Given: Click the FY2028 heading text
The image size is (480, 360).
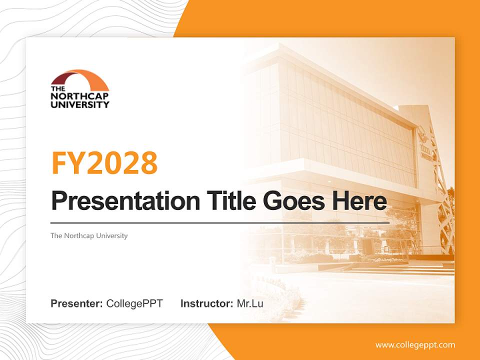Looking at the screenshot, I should pyautogui.click(x=104, y=163).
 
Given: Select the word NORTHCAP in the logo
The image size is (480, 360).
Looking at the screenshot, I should pyautogui.click(x=79, y=97).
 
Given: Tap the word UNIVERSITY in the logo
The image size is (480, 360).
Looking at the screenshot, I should pyautogui.click(x=79, y=104).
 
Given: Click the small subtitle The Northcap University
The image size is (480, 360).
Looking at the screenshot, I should pyautogui.click(x=89, y=235).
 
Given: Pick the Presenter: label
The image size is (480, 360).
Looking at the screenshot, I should pyautogui.click(x=76, y=303).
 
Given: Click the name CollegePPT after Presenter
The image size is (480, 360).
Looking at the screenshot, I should pyautogui.click(x=134, y=303).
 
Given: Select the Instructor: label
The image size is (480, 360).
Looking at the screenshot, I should pyautogui.click(x=206, y=303).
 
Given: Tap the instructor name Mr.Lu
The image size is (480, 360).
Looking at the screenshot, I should pyautogui.click(x=250, y=303).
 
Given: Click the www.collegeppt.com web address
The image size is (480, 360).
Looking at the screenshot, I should pyautogui.click(x=415, y=344).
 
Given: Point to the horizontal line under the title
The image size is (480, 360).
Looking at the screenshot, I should pyautogui.click(x=220, y=222).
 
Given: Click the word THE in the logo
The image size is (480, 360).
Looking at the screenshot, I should pyautogui.click(x=57, y=89).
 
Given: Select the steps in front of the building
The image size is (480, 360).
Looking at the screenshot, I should pyautogui.click(x=400, y=270).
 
